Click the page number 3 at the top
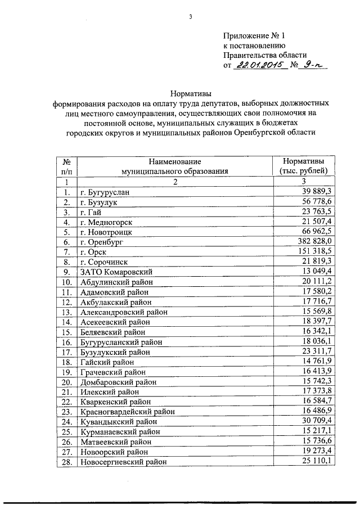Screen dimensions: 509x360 tap(191, 17)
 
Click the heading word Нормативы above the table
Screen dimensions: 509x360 tap(191, 93)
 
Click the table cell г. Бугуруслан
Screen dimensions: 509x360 tap(105, 192)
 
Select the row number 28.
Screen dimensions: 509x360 tap(66, 462)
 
